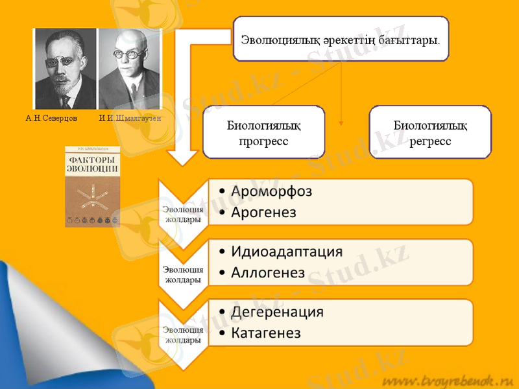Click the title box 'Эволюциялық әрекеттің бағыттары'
click(x=341, y=39)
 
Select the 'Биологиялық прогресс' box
click(x=263, y=132)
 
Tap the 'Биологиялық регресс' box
click(x=430, y=132)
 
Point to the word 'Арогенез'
click(x=263, y=212)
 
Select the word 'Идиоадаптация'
click(x=286, y=252)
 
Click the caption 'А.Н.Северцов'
click(x=51, y=119)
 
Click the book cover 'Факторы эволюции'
click(x=93, y=186)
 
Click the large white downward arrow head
click(x=184, y=156)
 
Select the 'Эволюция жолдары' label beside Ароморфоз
click(x=182, y=214)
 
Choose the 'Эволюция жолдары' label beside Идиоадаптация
click(x=182, y=274)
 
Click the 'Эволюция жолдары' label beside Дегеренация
click(x=182, y=335)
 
